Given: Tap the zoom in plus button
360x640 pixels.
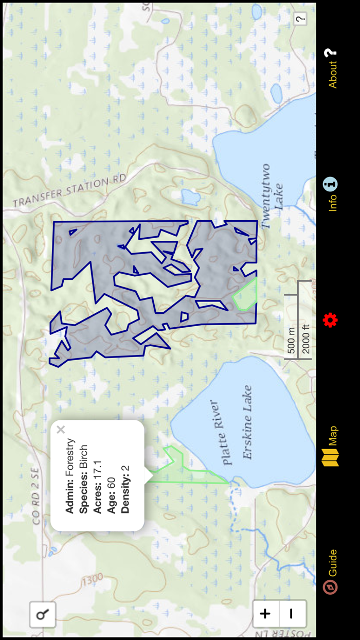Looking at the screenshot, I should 265,613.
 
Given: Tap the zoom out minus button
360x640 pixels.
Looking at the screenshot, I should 291,613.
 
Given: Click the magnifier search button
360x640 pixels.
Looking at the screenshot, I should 42,614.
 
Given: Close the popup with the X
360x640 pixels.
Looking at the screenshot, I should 61,430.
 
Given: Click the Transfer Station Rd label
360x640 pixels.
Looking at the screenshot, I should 69,191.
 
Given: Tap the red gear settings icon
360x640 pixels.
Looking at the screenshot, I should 330,320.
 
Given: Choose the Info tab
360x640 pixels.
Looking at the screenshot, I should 331,194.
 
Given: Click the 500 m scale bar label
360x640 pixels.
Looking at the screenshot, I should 291,340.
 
